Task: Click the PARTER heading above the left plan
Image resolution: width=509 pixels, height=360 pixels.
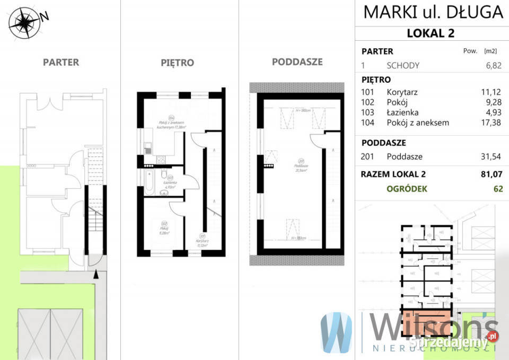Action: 61,62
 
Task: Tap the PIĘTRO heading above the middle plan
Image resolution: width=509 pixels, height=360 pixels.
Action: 177,63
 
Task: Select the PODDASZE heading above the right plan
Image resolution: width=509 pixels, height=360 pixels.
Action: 297,62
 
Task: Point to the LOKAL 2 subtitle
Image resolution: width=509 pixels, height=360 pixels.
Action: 431,33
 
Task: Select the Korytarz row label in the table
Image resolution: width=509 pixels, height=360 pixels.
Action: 402,92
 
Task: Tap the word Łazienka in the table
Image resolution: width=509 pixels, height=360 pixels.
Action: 402,112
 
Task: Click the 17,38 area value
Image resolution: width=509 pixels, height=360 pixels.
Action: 491,122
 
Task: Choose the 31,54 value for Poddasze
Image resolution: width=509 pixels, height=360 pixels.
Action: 491,156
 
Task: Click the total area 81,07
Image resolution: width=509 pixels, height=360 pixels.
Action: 491,174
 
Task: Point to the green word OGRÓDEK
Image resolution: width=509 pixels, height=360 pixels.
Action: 407,189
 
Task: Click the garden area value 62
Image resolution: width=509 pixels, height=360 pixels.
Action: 497,189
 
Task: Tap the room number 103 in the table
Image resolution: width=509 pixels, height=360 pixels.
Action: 367,112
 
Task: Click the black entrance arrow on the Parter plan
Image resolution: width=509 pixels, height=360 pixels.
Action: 96,274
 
